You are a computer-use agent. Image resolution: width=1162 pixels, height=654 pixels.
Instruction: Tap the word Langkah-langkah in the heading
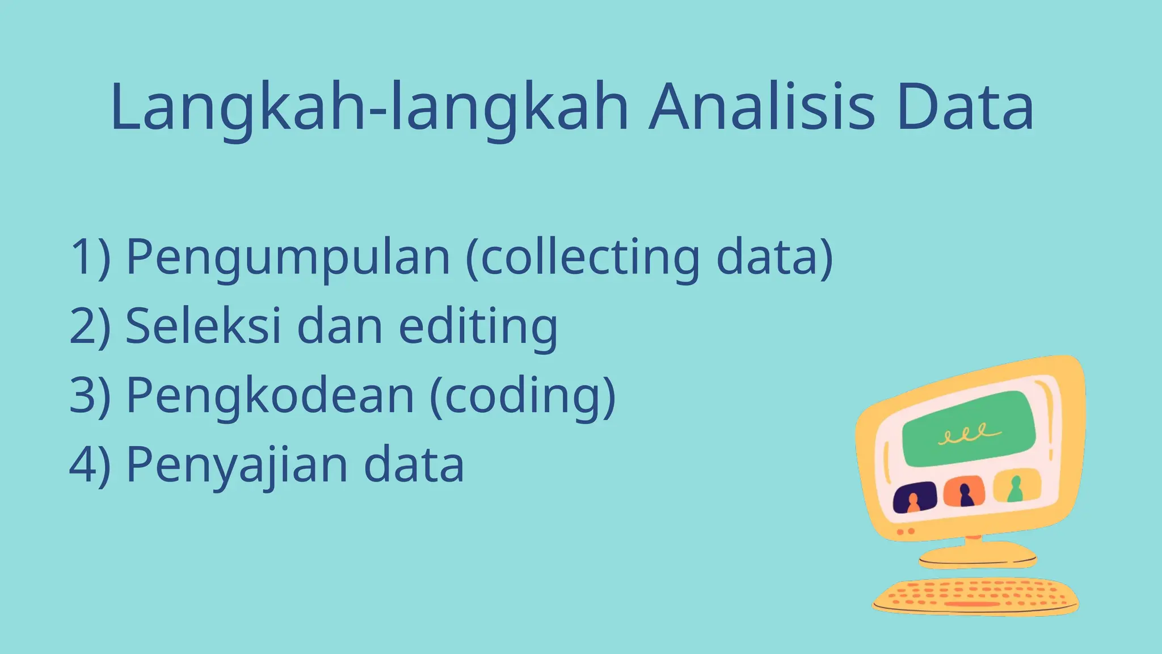click(369, 108)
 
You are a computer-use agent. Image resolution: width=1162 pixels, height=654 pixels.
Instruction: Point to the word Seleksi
click(203, 326)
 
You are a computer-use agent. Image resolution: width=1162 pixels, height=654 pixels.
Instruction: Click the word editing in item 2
click(478, 327)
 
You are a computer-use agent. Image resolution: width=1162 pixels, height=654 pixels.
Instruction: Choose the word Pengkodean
click(270, 396)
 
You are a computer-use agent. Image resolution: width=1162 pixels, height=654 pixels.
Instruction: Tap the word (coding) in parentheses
click(523, 396)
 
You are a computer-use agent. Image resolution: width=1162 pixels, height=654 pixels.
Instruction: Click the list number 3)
click(90, 396)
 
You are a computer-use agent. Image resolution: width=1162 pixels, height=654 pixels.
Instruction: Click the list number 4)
click(90, 465)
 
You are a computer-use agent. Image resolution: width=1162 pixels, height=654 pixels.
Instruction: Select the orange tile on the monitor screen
click(964, 492)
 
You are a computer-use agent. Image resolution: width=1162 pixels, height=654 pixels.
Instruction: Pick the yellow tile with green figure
click(1016, 486)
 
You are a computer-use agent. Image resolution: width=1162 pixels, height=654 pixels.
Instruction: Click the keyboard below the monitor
click(975, 596)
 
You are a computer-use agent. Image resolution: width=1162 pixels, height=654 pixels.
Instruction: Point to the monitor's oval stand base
click(977, 555)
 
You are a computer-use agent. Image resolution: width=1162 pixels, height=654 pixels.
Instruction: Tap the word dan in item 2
click(339, 326)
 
